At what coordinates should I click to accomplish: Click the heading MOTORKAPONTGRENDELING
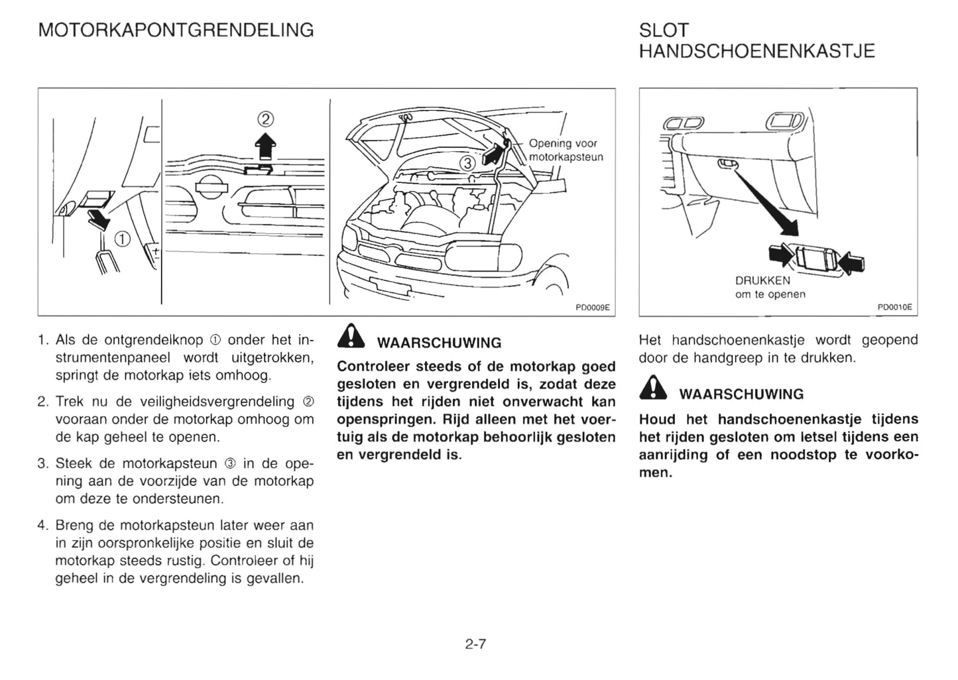176,30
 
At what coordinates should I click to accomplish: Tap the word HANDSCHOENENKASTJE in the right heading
756,51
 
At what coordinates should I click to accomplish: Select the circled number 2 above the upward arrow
265,120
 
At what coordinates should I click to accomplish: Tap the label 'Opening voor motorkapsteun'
565,150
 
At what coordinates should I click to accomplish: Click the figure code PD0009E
592,308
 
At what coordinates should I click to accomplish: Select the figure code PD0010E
894,308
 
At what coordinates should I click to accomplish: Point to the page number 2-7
475,644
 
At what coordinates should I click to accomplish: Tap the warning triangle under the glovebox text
653,389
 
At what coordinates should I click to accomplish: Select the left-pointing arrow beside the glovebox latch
853,262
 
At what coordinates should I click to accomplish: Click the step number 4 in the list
43,526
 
